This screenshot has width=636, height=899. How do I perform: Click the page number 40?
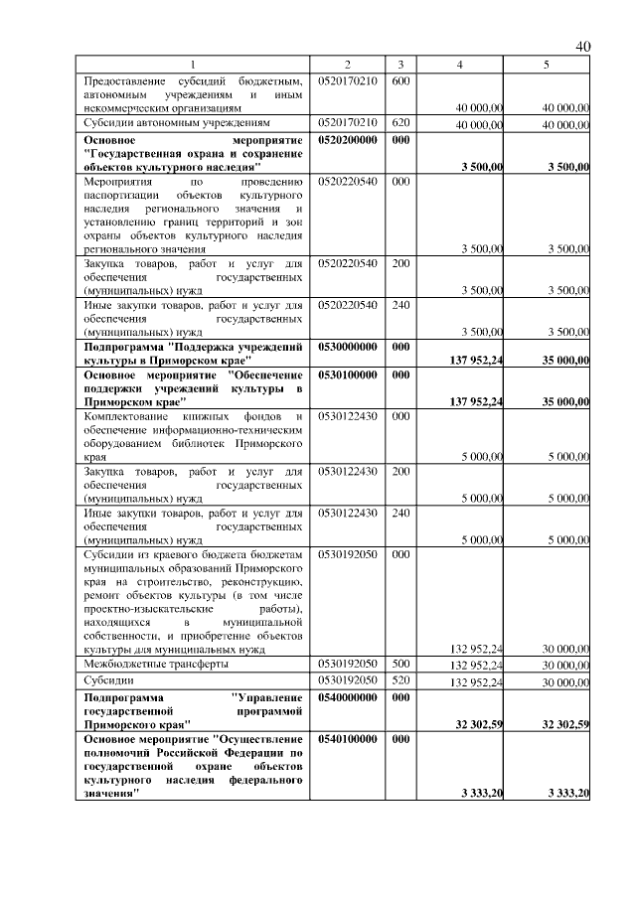[582, 48]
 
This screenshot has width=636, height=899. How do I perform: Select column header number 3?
[399, 65]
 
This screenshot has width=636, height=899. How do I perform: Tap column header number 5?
[546, 65]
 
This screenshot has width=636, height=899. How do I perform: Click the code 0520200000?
[348, 141]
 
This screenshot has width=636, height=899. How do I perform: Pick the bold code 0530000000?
[348, 347]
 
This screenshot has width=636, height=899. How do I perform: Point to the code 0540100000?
[348, 740]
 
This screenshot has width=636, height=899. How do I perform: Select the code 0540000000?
[348, 698]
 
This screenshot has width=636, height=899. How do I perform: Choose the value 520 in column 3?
[399, 680]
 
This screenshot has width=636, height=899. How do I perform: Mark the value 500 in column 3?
[399, 663]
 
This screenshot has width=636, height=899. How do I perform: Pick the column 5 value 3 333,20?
[567, 793]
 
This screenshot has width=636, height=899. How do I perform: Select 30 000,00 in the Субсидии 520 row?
[565, 682]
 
